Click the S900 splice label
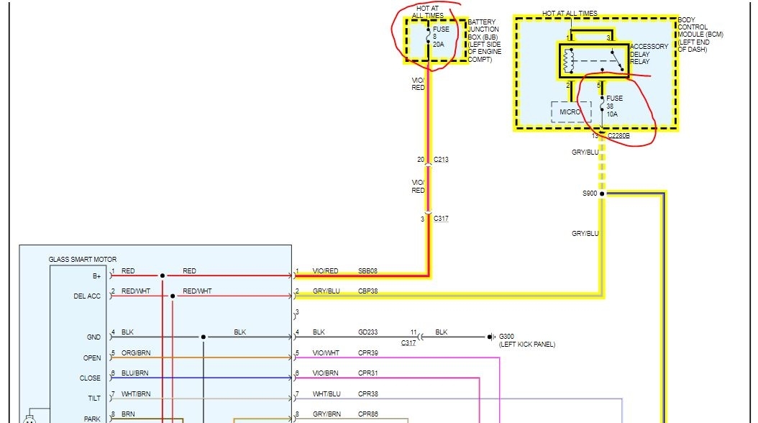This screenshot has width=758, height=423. coord(589,194)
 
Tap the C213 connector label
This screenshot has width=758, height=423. coord(441,159)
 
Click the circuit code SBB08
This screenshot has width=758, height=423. coord(367,271)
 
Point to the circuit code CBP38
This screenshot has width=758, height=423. coord(367,291)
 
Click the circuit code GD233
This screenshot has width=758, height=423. coord(368,332)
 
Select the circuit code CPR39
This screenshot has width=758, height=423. coord(367,353)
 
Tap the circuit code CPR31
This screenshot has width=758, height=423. coord(367,373)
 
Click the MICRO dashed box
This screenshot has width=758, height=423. coord(571,112)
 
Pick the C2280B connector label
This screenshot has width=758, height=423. coord(618,135)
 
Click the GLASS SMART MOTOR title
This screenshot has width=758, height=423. coord(82,259)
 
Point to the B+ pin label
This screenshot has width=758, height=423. coord(96,276)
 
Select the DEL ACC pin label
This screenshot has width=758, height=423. coord(88,296)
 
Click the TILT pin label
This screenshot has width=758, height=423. coord(93,398)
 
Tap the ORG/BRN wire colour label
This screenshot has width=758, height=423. coord(136,353)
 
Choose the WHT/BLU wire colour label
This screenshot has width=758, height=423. coord(326,394)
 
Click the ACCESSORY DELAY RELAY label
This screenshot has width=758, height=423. coord(649,54)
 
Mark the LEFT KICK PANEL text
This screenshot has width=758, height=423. coord(527,345)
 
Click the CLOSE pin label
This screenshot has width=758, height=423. coord(90,378)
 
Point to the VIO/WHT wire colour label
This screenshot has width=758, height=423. coord(326,353)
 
